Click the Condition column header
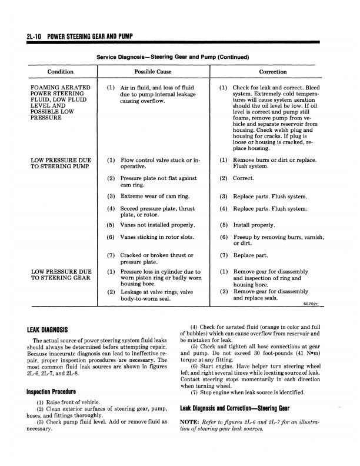(61, 72)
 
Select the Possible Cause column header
(152, 72)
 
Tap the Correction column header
(273, 72)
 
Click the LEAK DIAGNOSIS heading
(47, 330)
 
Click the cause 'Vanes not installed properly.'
(158, 225)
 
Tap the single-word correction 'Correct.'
(244, 178)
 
